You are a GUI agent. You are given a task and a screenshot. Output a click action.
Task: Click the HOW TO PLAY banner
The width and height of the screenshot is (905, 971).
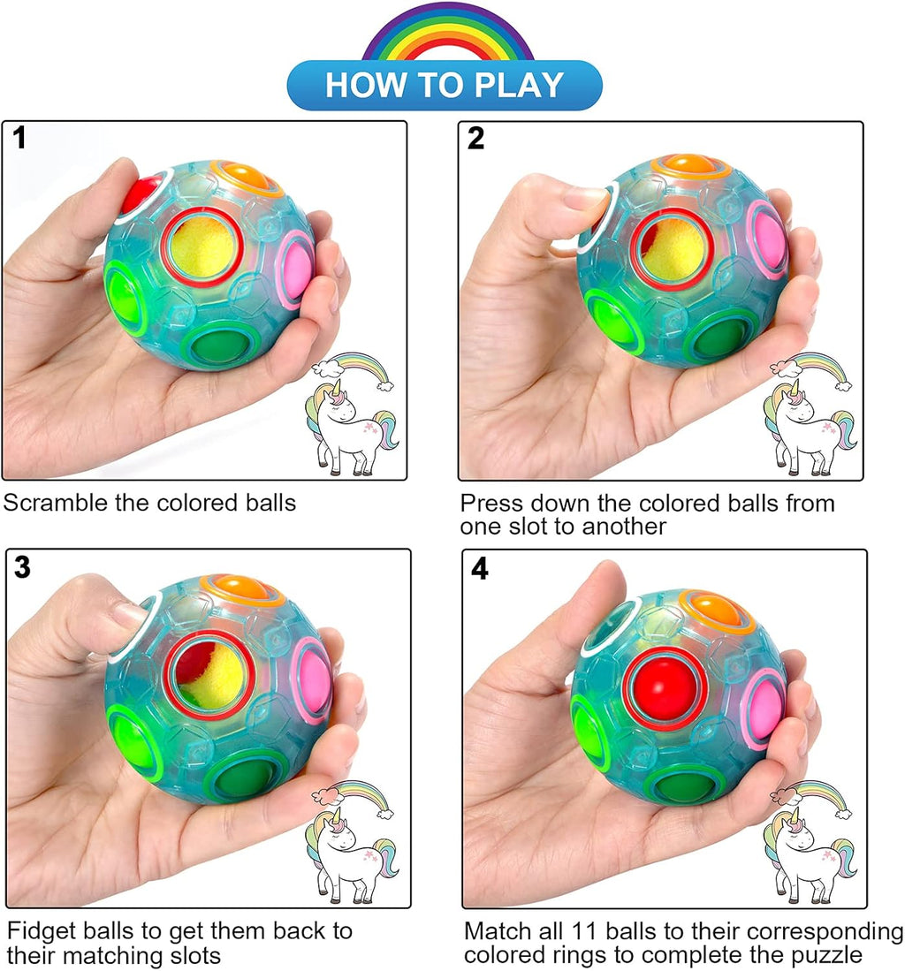[x=445, y=85]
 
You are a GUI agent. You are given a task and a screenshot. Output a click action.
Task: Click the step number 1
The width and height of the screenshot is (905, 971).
[x=19, y=139]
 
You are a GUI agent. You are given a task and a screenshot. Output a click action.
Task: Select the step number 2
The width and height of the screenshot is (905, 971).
[x=475, y=139]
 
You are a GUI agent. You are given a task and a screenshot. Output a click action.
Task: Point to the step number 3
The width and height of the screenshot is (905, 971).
[x=21, y=567]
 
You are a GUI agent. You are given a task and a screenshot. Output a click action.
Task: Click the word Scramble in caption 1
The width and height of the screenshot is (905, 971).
[x=55, y=504]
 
